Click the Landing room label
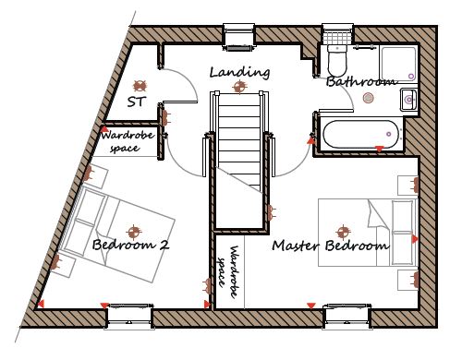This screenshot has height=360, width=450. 239,73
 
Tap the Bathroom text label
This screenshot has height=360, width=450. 361,82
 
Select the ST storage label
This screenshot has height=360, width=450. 137,102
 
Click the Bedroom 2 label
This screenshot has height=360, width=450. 131,245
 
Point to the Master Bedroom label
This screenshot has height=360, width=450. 331,246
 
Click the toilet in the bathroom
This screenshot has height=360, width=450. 337,60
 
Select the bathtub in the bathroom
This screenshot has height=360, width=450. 361,134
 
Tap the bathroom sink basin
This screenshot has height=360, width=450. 408,100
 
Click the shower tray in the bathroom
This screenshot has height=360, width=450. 398,64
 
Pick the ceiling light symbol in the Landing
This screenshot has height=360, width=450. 239,87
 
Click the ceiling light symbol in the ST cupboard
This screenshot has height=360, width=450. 140,86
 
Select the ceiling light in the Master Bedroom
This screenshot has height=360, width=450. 343,233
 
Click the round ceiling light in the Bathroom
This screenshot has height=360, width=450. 368,98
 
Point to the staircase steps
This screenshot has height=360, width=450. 239,141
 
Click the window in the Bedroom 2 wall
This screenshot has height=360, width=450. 129,317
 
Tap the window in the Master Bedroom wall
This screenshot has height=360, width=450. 347,317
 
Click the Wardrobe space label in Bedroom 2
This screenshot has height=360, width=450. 127,141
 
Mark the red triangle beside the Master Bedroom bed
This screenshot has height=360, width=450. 415,239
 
